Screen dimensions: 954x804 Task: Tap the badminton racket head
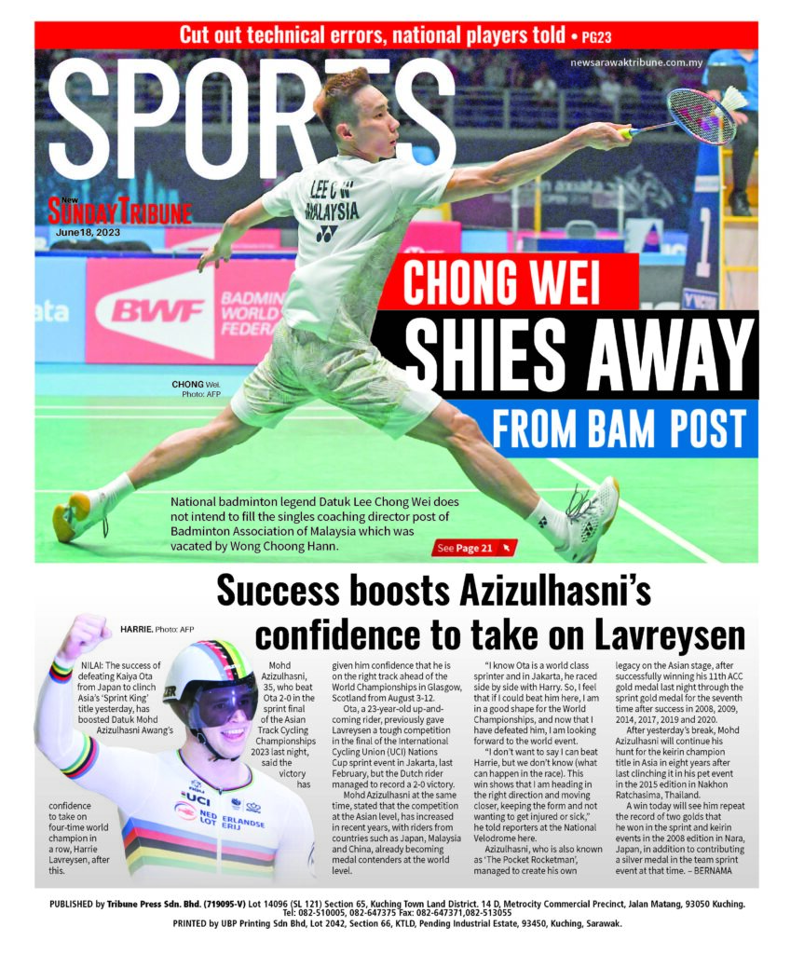pyautogui.click(x=701, y=116)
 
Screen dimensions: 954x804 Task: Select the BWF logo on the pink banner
pyautogui.click(x=158, y=310)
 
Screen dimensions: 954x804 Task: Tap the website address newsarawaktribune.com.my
pyautogui.click(x=643, y=61)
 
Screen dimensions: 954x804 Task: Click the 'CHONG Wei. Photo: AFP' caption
pyautogui.click(x=197, y=389)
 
